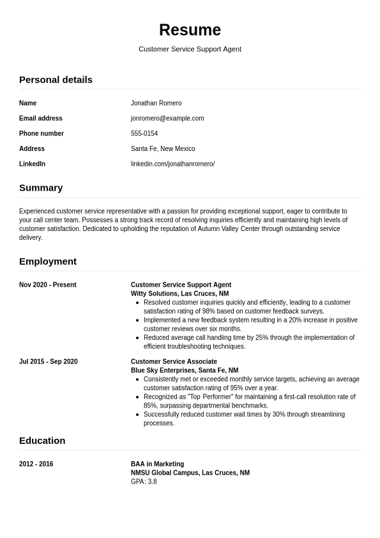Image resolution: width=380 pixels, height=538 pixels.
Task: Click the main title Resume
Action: click(x=190, y=30)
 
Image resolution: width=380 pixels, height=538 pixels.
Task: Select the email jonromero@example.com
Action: click(x=167, y=118)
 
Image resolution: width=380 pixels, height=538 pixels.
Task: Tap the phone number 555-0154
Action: click(x=144, y=134)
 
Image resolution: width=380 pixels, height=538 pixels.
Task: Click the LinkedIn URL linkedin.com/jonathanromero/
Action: click(x=172, y=164)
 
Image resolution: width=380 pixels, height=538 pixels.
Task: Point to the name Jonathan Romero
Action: click(x=156, y=103)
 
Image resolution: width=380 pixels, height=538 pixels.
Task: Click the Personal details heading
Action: click(x=56, y=80)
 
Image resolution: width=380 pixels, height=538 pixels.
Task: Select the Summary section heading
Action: click(x=41, y=188)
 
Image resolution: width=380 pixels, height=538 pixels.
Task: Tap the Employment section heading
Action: click(x=48, y=262)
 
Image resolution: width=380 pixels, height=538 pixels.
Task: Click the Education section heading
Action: click(x=42, y=441)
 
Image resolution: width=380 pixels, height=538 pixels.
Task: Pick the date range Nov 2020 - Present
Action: click(x=47, y=285)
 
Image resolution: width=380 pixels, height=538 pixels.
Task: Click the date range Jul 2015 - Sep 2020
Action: click(x=49, y=362)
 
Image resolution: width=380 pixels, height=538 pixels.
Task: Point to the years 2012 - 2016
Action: click(x=36, y=464)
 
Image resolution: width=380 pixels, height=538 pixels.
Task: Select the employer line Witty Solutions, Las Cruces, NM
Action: click(x=179, y=294)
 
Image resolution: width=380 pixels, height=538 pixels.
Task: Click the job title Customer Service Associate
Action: click(x=174, y=362)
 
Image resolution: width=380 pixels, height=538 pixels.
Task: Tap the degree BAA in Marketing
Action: click(x=157, y=464)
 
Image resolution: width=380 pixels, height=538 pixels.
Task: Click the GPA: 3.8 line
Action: click(x=144, y=482)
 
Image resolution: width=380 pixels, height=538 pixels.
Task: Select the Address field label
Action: click(x=32, y=149)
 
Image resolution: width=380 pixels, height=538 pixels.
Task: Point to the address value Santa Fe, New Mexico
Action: click(x=163, y=149)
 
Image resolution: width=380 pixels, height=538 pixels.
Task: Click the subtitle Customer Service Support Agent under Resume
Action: click(x=190, y=49)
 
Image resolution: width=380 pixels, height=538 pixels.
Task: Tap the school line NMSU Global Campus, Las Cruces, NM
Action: click(x=190, y=473)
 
